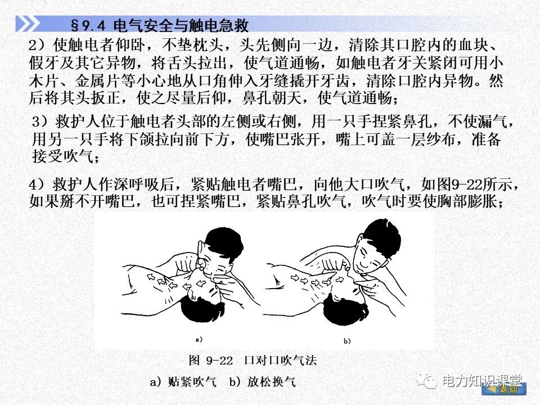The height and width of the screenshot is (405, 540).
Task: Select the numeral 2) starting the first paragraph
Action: [x=37, y=46]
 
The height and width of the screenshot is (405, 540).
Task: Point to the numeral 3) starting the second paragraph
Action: [x=41, y=123]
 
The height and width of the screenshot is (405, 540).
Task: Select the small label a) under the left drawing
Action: [x=198, y=339]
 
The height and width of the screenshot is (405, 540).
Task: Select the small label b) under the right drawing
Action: [x=347, y=341]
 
